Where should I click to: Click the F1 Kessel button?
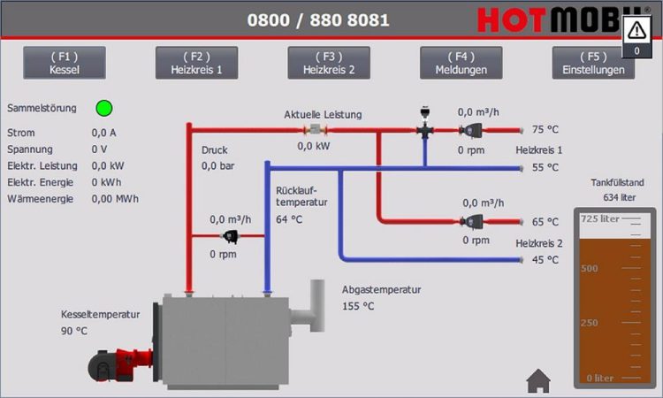(65, 63)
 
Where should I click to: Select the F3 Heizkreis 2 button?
(329, 63)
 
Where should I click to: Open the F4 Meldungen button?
(461, 63)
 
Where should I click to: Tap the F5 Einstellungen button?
(593, 63)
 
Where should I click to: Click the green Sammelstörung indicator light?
(104, 108)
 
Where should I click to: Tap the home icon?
(538, 380)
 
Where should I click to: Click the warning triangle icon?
(636, 30)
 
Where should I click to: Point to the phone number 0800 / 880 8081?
(318, 19)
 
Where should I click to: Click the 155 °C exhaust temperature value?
(358, 306)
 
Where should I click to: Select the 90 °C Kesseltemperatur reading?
(74, 331)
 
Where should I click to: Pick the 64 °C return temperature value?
(289, 219)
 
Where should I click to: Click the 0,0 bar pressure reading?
(217, 165)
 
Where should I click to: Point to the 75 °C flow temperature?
(545, 129)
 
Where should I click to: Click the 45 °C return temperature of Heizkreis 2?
(545, 260)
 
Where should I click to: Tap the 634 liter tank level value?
(620, 197)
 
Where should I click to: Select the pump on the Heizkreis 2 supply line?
(471, 221)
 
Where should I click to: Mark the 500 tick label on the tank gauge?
(590, 268)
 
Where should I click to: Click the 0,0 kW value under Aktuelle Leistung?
(313, 146)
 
